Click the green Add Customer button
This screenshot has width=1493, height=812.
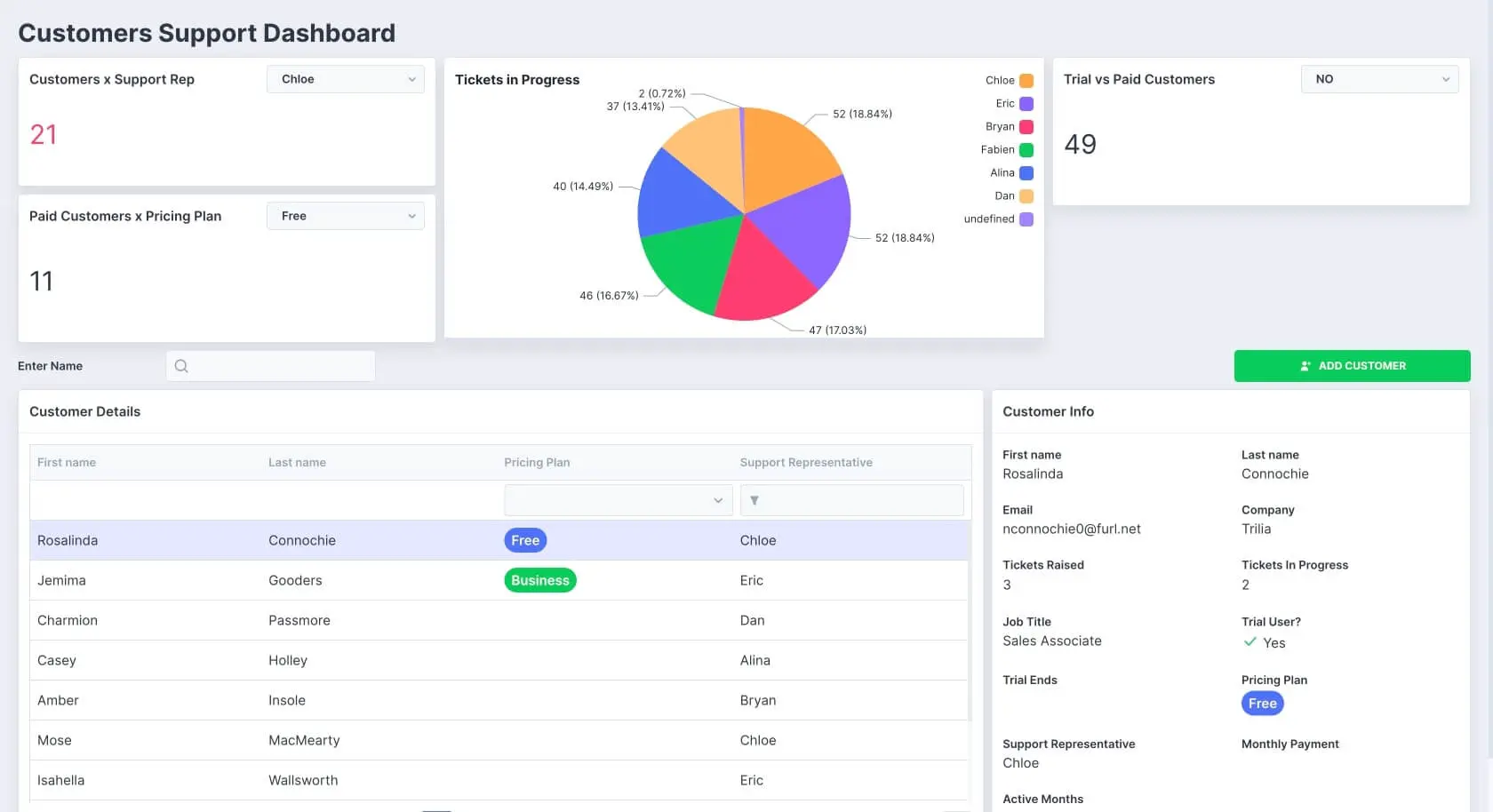(1352, 366)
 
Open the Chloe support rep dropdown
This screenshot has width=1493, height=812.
(345, 79)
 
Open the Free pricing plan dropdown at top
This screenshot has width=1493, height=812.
(345, 216)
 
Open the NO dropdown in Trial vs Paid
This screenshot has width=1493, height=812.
(1379, 79)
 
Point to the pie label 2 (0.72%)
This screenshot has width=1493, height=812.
(661, 93)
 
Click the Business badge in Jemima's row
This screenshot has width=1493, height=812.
(539, 580)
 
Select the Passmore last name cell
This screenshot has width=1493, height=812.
(299, 620)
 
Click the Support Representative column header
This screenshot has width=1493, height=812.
(806, 463)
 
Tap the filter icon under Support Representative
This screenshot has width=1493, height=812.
(754, 501)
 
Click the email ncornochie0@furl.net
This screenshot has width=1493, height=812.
(1071, 529)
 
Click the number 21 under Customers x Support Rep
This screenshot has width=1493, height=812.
(44, 135)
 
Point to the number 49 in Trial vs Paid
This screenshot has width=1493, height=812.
(1080, 144)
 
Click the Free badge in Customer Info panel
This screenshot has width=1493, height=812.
(1262, 704)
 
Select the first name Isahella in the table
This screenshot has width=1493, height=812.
(61, 780)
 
